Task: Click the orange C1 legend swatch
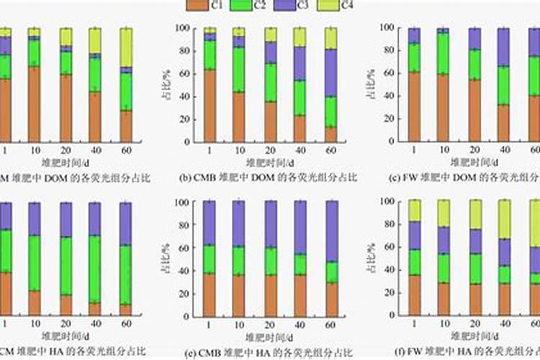pyautogui.click(x=197, y=6)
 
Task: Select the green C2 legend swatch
pyautogui.click(x=241, y=6)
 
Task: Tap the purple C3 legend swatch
pyautogui.click(x=284, y=6)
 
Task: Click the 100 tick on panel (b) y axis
pyautogui.click(x=184, y=28)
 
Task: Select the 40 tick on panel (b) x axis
pyautogui.click(x=300, y=150)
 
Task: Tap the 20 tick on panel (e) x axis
pyautogui.click(x=270, y=325)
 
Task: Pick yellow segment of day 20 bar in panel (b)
pyautogui.click(x=270, y=35)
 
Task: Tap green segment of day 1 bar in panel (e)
pyautogui.click(x=210, y=258)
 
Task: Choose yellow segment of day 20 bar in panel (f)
pyautogui.click(x=476, y=214)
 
